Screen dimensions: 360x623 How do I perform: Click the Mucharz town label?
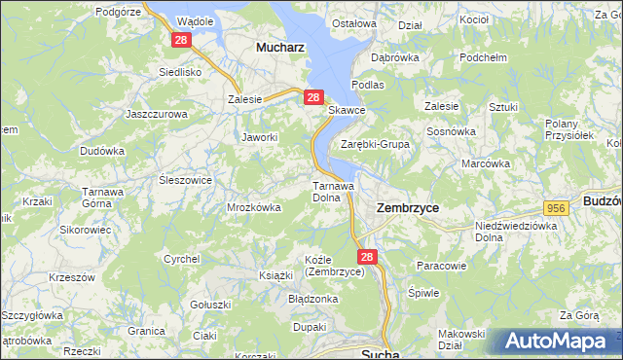click(278, 46)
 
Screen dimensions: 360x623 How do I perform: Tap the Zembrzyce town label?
click(407, 208)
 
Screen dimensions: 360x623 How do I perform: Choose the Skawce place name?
click(346, 111)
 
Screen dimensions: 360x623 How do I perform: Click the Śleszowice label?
click(185, 180)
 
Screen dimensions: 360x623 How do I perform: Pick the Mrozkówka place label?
click(253, 207)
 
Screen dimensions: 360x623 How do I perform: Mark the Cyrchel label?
click(181, 259)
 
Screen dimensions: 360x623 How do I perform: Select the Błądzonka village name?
click(312, 299)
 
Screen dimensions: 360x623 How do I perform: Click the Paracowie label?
click(442, 266)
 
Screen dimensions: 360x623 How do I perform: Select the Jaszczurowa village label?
click(156, 114)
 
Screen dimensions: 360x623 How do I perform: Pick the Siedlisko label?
click(179, 72)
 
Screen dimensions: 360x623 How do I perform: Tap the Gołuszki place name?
click(209, 305)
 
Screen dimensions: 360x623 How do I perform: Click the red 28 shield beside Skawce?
click(312, 97)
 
